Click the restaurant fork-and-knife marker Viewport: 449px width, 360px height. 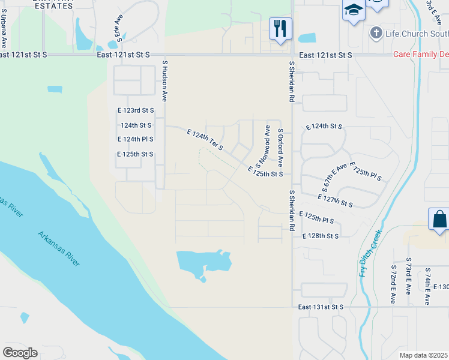(280, 28)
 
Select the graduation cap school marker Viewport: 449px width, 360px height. (353, 10)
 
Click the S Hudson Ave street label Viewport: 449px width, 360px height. (164, 77)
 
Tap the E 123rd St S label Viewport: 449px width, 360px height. (136, 111)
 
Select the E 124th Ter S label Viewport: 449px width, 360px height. (205, 139)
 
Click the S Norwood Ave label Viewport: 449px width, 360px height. (264, 146)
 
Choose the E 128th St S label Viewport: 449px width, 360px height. (321, 236)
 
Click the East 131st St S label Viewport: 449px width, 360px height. (321, 307)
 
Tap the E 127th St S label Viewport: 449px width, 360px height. (335, 200)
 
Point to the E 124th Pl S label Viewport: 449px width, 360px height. (136, 139)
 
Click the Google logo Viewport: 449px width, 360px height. (20, 353)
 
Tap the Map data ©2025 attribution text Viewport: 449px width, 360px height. (423, 355)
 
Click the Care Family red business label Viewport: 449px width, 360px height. (421, 55)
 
